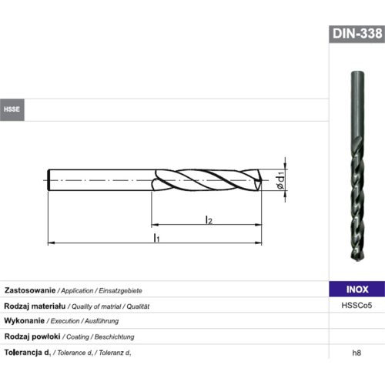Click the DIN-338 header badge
[x=357, y=34]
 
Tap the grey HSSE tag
[x=12, y=109]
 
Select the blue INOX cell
[x=357, y=290]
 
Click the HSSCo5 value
[x=357, y=306]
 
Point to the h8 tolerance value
[x=357, y=353]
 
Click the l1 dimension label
[x=156, y=238]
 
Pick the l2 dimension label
[x=209, y=220]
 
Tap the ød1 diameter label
[x=281, y=180]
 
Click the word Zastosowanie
[x=30, y=290]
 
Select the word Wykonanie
[x=25, y=320]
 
